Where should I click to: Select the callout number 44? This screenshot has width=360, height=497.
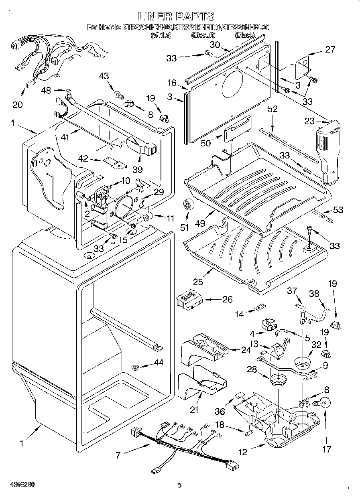[x=159, y=363]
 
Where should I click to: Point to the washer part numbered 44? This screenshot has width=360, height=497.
[x=135, y=367]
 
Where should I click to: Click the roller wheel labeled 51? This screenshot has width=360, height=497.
[x=187, y=206]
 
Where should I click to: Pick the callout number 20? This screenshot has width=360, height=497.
[x=18, y=105]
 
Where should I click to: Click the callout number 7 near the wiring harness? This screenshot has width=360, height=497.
[x=118, y=455]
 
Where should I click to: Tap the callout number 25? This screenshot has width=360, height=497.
[x=198, y=282]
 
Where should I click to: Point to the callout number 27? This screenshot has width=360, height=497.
[x=330, y=49]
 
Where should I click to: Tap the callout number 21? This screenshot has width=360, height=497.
[x=195, y=410]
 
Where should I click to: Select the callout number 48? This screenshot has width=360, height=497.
[x=46, y=91]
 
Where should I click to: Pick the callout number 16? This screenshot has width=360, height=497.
[x=172, y=83]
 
